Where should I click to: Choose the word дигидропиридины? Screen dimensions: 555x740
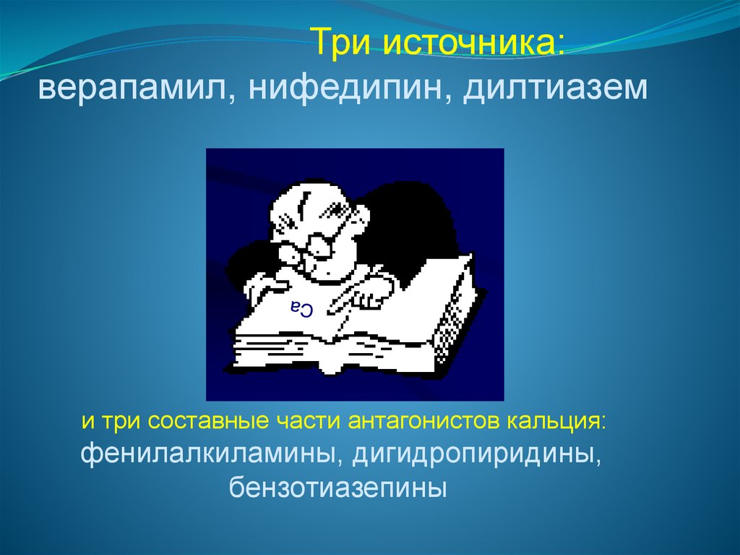476,456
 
